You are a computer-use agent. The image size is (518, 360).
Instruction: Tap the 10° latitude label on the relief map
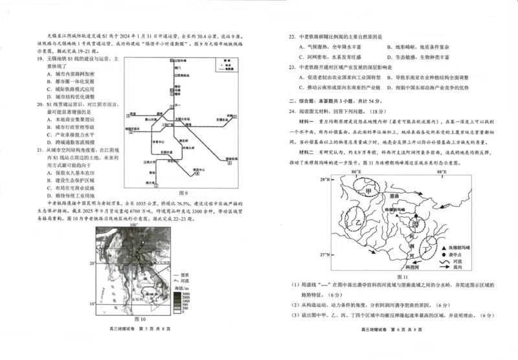92,302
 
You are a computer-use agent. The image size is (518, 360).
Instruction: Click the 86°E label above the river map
355,173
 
